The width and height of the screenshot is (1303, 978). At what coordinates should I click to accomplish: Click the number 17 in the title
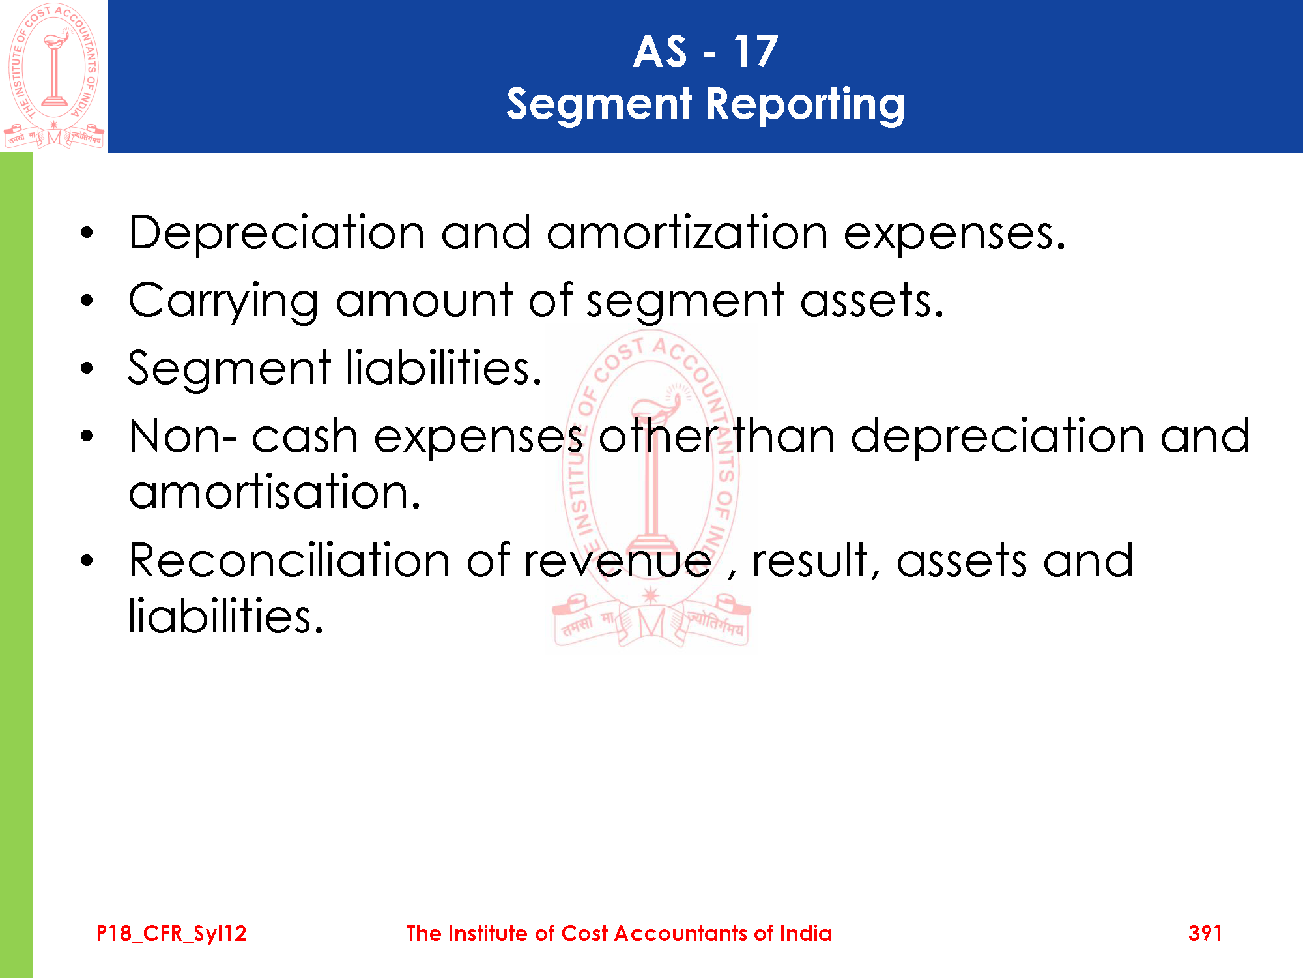[755, 52]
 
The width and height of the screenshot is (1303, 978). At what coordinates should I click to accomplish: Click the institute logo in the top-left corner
[54, 75]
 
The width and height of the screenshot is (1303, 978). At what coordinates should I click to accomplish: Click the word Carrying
[223, 301]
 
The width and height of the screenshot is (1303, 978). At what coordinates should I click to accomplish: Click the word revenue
[618, 562]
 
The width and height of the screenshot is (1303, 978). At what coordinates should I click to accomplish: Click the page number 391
[1205, 933]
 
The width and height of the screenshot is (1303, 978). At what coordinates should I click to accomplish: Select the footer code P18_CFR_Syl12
[171, 934]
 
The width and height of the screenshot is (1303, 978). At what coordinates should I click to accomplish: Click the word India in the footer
[806, 933]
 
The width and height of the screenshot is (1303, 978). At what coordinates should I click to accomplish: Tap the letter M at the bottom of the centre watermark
[651, 624]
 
